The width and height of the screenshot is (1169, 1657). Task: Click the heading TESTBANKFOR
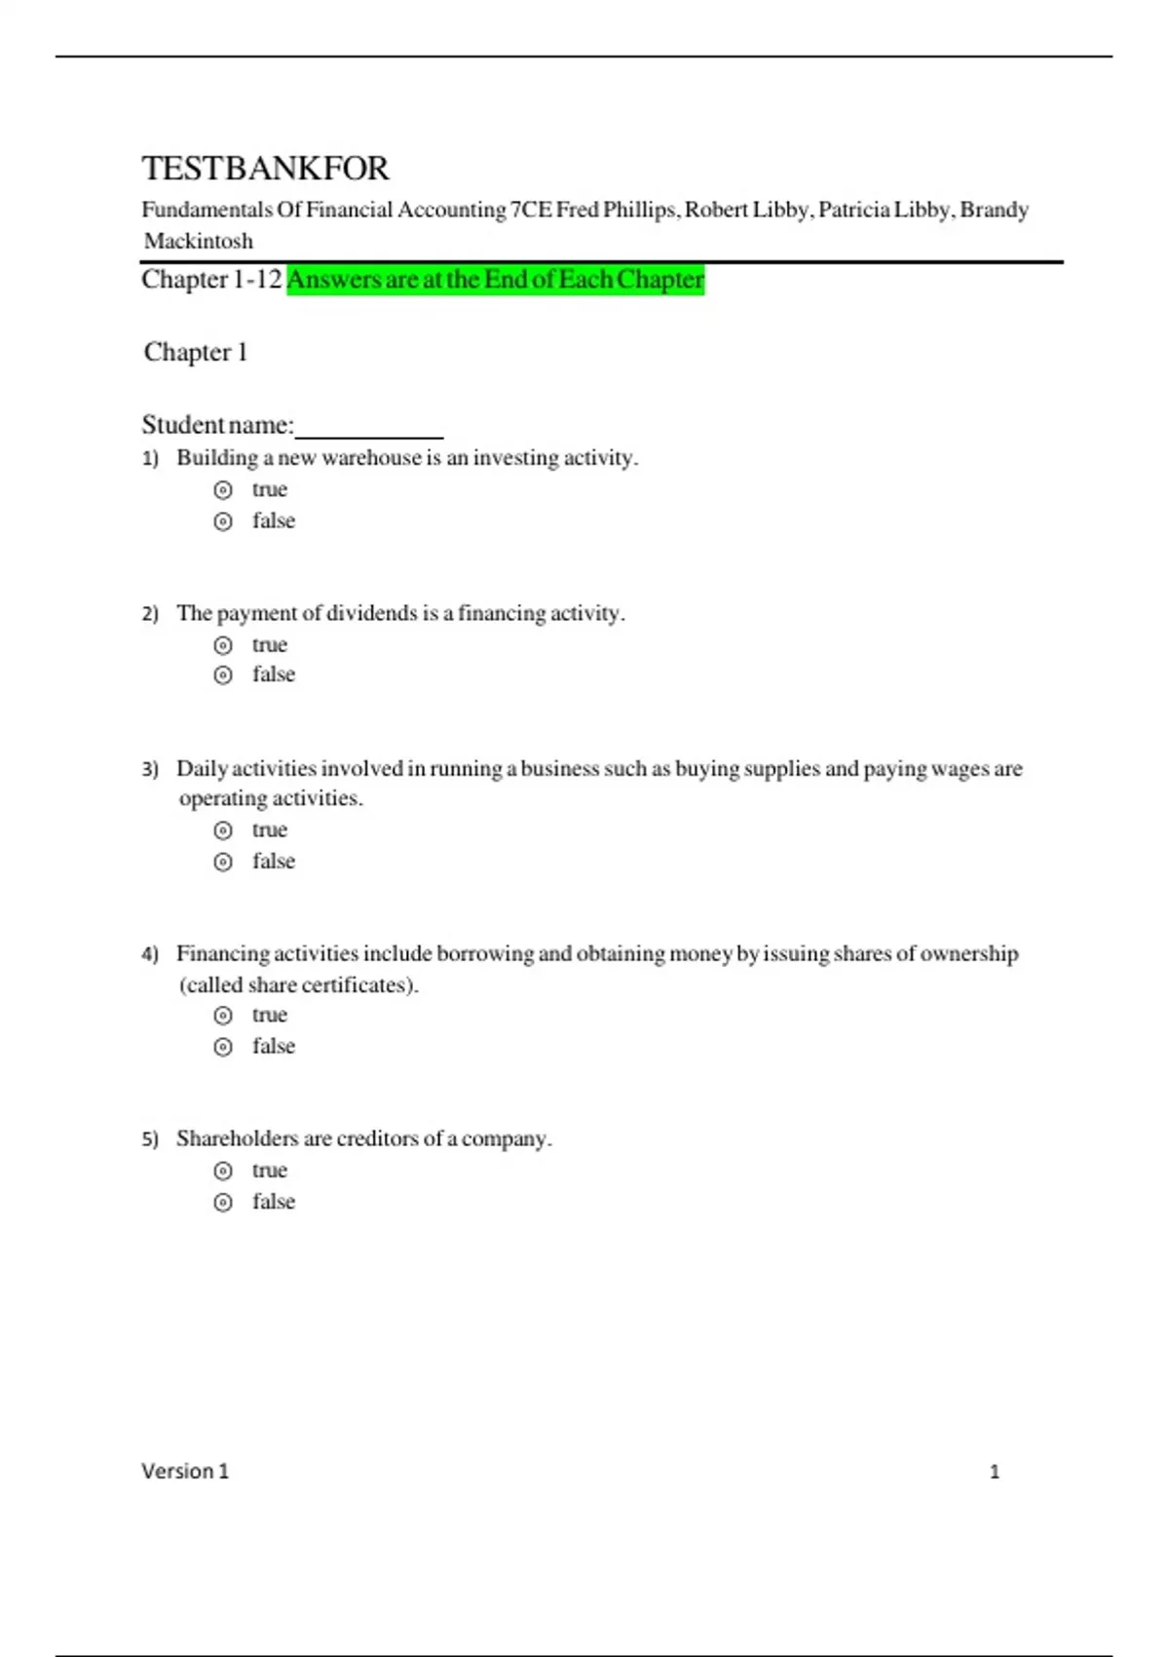pos(265,169)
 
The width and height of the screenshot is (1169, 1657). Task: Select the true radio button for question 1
pos(223,489)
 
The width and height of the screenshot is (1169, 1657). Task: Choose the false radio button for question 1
pos(223,521)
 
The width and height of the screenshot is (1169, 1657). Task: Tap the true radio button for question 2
pos(223,645)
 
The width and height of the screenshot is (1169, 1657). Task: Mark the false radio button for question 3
pos(223,862)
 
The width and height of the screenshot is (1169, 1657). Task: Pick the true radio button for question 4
pos(223,1016)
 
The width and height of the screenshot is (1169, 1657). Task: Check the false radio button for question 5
pos(223,1202)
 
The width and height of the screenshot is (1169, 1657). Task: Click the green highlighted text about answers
pos(495,280)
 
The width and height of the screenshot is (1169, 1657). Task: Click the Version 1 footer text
pos(185,1471)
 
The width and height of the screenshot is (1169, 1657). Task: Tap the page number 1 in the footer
pos(995,1472)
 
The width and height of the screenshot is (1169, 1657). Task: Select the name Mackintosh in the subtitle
pos(199,241)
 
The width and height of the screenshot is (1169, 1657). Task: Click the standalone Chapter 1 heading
pos(196,352)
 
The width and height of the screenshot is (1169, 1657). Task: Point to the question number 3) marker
pos(150,769)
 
